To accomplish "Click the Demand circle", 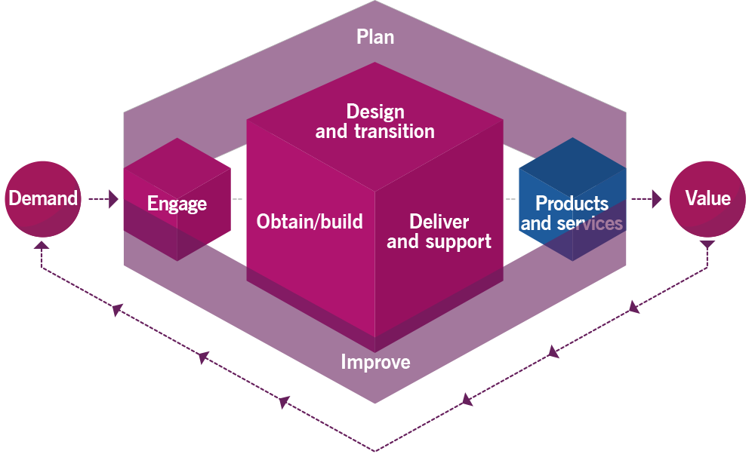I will pyautogui.click(x=43, y=199).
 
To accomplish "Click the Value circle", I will pyautogui.click(x=707, y=199).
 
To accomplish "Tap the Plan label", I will pyautogui.click(x=375, y=37).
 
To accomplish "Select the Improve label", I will pyautogui.click(x=375, y=362).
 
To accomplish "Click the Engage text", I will pyautogui.click(x=177, y=204).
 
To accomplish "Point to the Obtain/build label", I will pyautogui.click(x=310, y=222).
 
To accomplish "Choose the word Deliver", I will pyautogui.click(x=439, y=222).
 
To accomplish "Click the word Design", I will pyautogui.click(x=375, y=112).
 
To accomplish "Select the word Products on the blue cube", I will pyautogui.click(x=572, y=204).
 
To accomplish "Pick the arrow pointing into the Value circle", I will pyautogui.click(x=648, y=199).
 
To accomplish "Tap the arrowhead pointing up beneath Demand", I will pyautogui.click(x=42, y=244).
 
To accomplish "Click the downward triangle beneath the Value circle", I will pyautogui.click(x=707, y=245).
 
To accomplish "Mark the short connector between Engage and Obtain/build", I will pyautogui.click(x=238, y=199).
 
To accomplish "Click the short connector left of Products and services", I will pyautogui.click(x=510, y=199).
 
